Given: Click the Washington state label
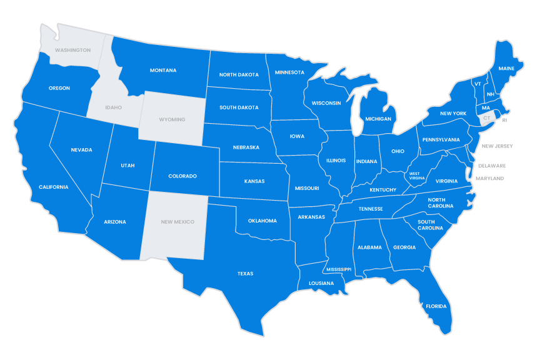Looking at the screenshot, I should (73, 50).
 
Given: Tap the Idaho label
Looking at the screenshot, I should (113, 107).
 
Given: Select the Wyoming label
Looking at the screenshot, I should (172, 119).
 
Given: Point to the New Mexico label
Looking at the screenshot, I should (178, 222).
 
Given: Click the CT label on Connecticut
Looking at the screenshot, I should (487, 117).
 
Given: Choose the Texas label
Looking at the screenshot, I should (245, 274).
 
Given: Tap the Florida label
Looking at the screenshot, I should (436, 306).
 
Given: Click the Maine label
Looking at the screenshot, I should (506, 68).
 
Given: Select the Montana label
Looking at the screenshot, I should (163, 70).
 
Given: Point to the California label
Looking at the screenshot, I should (53, 187).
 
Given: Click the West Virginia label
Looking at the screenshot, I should (417, 176).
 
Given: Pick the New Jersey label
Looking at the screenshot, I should (497, 146).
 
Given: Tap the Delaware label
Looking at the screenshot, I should (492, 166).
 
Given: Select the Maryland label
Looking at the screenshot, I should (489, 179).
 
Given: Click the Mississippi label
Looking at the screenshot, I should (338, 269).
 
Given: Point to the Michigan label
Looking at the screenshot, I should (378, 119).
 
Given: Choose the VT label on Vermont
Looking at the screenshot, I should (478, 84).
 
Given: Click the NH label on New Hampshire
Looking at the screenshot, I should (491, 94).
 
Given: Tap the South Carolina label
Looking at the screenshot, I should (430, 225).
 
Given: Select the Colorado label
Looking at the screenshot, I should (183, 176).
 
